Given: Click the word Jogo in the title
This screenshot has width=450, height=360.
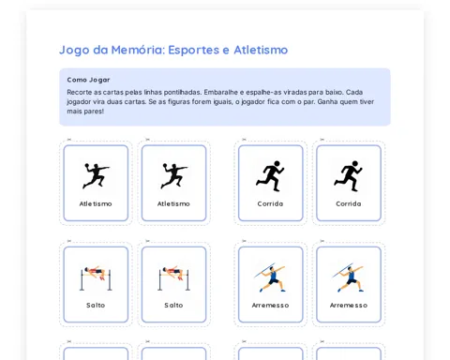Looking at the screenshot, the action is [74, 51].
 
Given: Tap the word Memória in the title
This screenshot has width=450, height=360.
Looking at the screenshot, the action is [138, 50].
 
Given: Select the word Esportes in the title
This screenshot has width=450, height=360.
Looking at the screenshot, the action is [194, 50].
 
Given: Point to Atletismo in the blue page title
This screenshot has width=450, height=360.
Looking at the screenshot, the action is [261, 50].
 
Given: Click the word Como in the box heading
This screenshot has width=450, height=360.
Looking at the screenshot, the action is [77, 80].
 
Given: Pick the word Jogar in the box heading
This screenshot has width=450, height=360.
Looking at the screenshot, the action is [99, 80].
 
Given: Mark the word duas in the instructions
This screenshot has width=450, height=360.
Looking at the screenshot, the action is [115, 101].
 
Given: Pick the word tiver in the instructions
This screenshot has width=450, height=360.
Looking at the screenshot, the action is [367, 101].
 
